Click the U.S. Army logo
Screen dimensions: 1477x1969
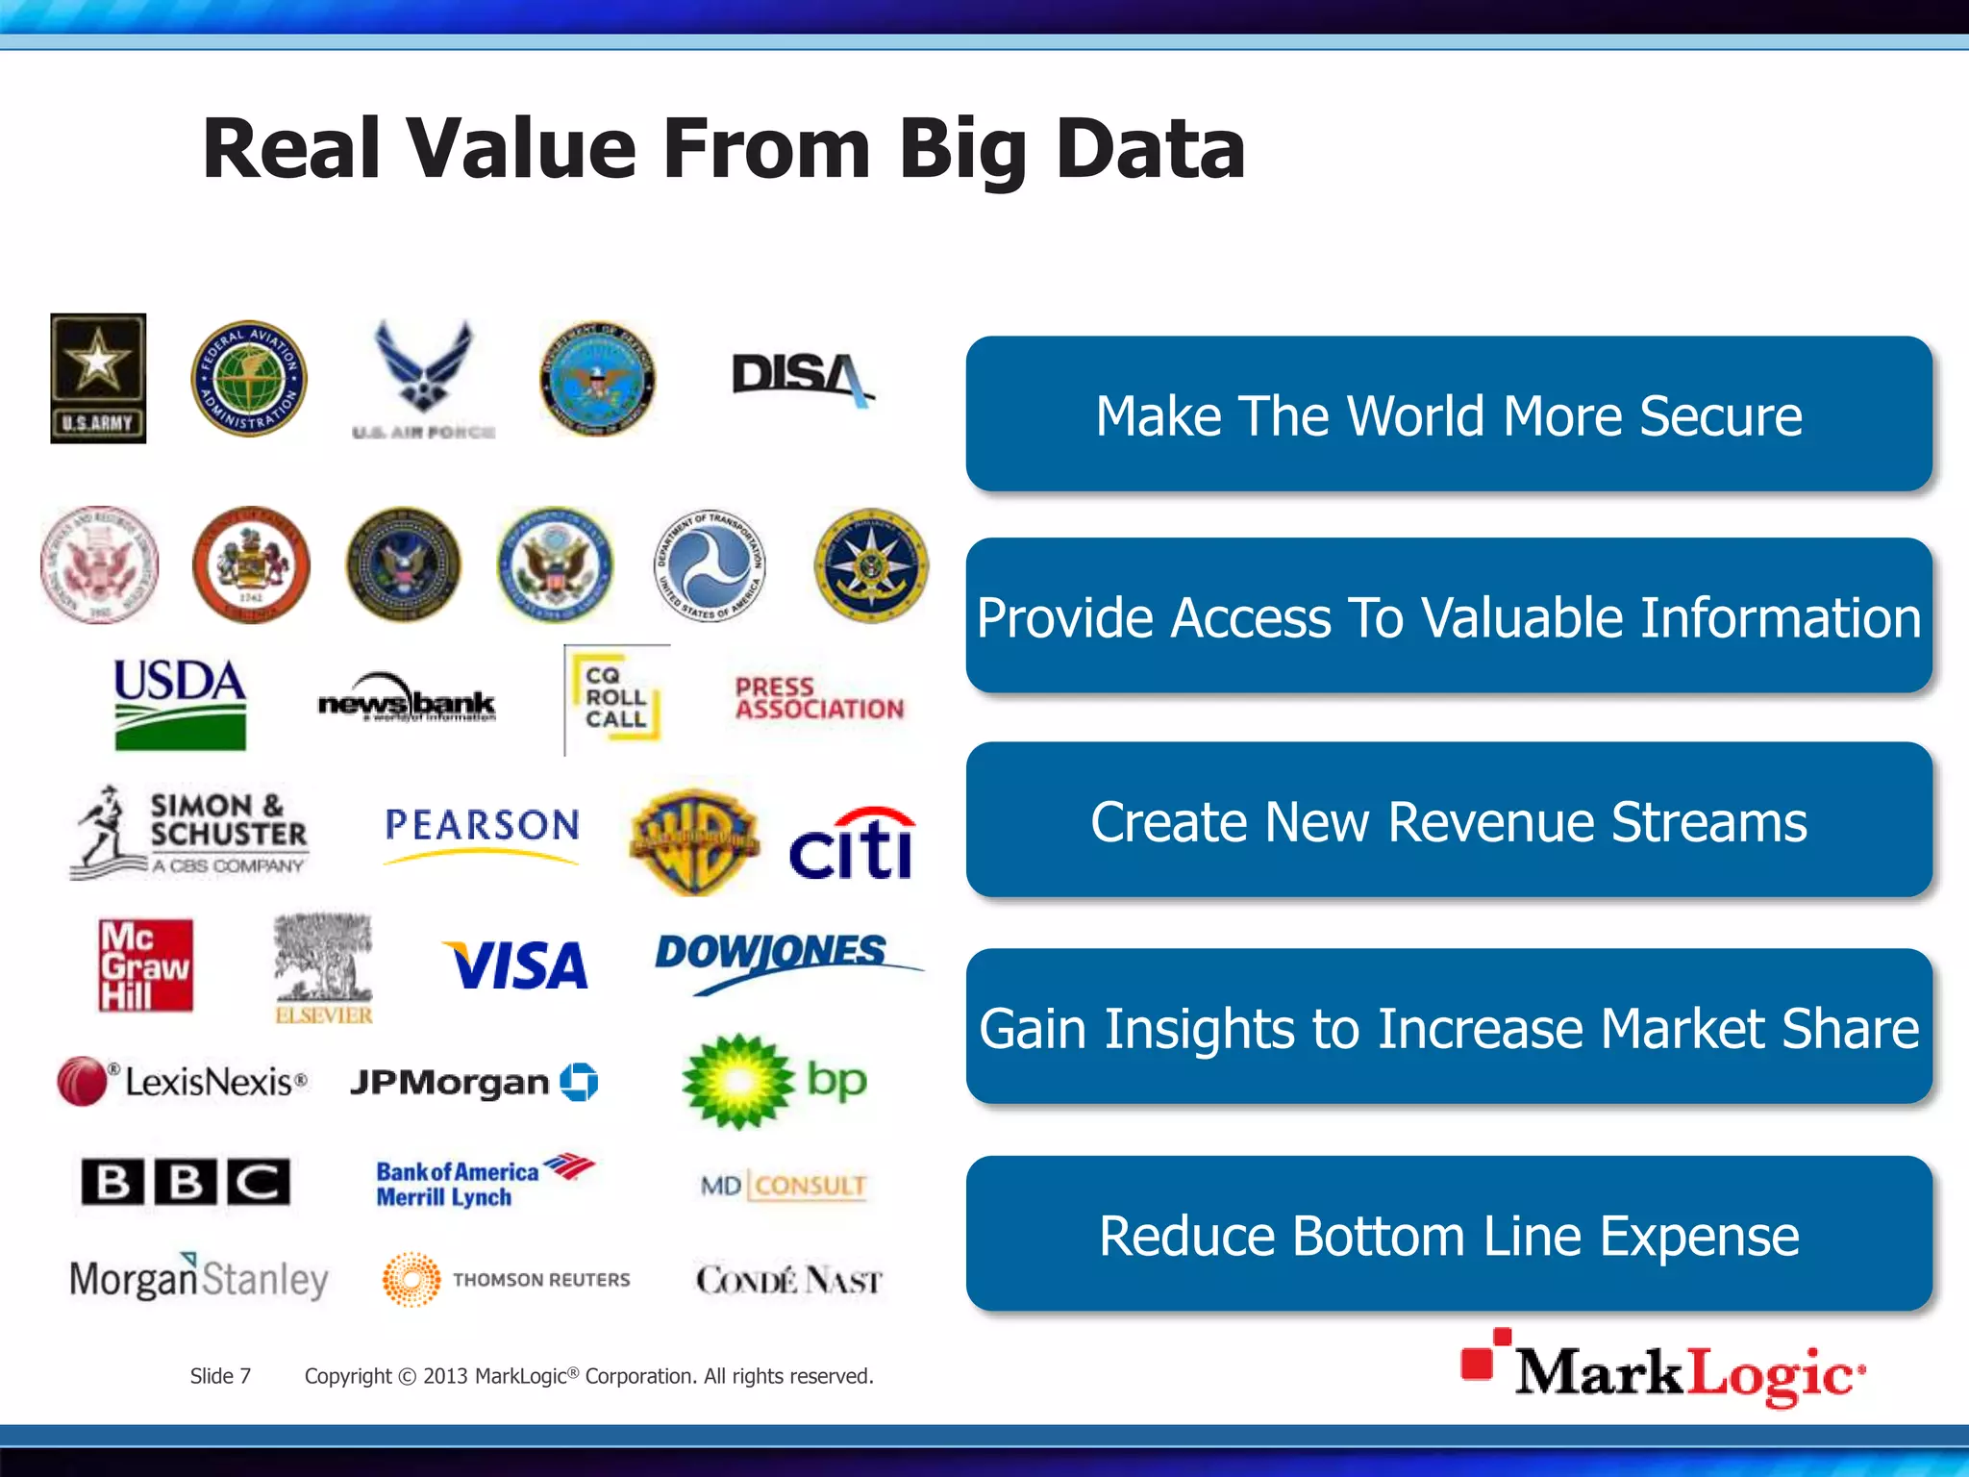tap(98, 378)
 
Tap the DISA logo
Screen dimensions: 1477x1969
tap(801, 377)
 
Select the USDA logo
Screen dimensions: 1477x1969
tap(180, 703)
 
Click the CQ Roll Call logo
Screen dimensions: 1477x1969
tap(616, 698)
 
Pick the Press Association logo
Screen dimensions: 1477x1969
tap(819, 699)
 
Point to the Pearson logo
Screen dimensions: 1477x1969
tap(482, 828)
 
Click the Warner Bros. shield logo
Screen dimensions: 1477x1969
tap(693, 842)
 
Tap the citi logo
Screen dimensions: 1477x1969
tap(852, 844)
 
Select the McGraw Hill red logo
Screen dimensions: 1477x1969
tap(145, 964)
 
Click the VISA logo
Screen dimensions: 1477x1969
tap(516, 964)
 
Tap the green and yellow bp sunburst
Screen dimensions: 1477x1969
tap(737, 1082)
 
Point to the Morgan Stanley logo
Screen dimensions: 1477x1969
tap(199, 1278)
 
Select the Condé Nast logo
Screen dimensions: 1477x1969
tap(788, 1280)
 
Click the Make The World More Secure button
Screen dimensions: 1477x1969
tap(1448, 414)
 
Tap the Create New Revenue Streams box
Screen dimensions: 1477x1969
tap(1448, 821)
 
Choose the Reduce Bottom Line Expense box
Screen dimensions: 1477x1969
tap(1448, 1235)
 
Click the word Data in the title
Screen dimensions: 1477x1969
tap(1150, 149)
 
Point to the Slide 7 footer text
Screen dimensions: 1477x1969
tap(220, 1376)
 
